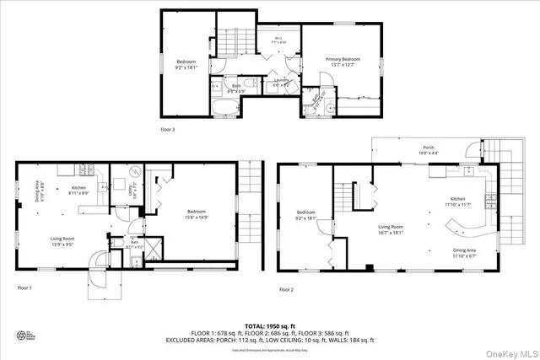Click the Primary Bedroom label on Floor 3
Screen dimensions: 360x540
tap(343, 61)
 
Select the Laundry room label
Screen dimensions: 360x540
tap(282, 82)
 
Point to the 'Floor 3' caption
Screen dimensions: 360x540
tap(170, 129)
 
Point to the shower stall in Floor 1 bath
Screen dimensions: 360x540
tap(154, 248)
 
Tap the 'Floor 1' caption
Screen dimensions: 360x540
tap(24, 288)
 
